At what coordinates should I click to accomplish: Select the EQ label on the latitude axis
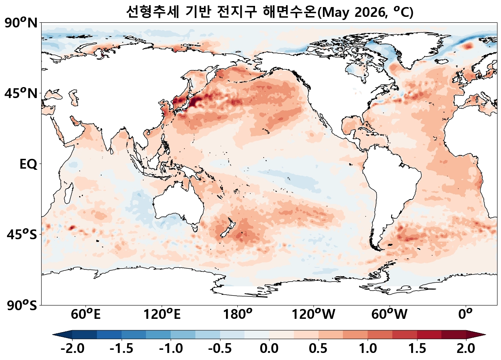coord(28,164)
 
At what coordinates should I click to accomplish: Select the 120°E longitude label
coord(162,315)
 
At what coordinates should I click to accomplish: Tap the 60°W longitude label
coord(389,315)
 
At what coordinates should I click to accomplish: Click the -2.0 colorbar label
coord(72,348)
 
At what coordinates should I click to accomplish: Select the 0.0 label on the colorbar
coord(269,348)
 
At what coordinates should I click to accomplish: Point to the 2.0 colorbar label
coord(466,348)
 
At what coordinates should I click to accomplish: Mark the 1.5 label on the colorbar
coord(417,348)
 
